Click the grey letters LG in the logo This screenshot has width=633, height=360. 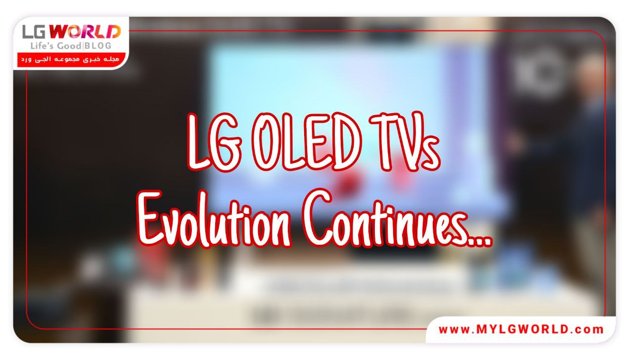coord(35,33)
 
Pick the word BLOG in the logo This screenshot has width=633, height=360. coord(98,46)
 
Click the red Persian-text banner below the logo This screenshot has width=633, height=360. coord(69,59)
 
